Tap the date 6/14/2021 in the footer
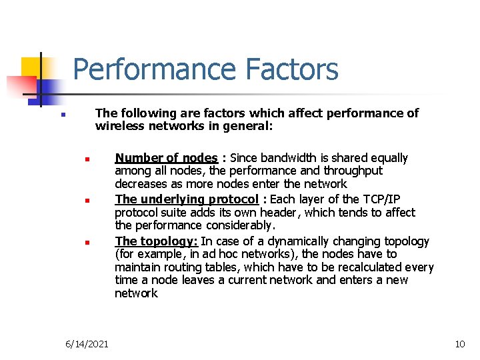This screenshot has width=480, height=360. coord(87,344)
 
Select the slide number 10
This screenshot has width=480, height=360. coord(459,344)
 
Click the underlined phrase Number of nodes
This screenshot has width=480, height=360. coord(166,158)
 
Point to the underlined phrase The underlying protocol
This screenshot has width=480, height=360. coord(187,199)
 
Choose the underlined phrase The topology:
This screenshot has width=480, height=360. coord(156,241)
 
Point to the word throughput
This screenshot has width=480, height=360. coord(357,171)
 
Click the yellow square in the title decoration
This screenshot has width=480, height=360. coord(31,67)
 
